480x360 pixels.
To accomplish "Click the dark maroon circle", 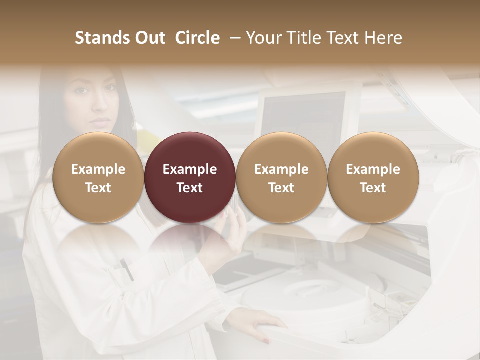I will click(190, 177).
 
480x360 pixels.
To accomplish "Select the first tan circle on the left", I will click(98, 177).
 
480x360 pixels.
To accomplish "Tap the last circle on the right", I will click(373, 177).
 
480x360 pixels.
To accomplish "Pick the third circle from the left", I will click(281, 177).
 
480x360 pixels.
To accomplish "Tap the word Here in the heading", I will click(383, 38).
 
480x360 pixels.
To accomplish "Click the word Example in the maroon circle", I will click(190, 169).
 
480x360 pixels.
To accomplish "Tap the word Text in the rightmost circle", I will click(373, 188).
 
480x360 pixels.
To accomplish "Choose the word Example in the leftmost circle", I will click(98, 169).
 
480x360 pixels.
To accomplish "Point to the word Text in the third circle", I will click(281, 188).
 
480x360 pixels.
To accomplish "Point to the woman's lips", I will click(101, 121).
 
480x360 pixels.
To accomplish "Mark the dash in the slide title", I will click(233, 38).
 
